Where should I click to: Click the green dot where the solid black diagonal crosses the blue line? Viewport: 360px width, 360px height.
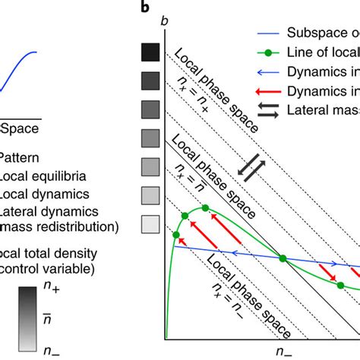click(283, 258)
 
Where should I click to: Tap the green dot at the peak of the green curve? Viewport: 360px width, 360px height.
click(203, 209)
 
